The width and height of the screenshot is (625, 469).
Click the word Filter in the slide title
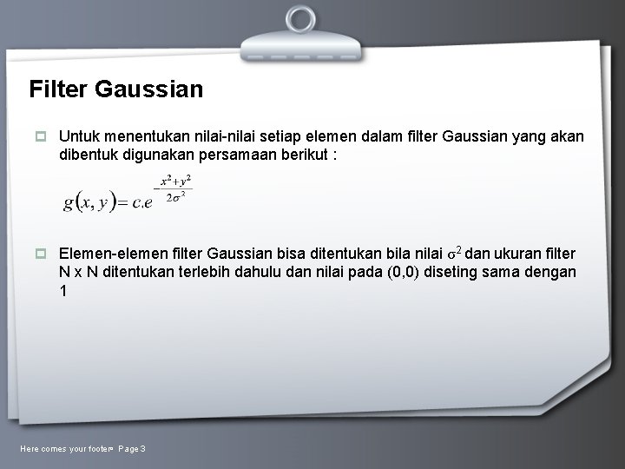click(57, 89)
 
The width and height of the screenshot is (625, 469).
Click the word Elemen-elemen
click(108, 253)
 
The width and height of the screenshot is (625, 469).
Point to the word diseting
click(462, 272)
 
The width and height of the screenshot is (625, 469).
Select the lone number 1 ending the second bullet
click(62, 291)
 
